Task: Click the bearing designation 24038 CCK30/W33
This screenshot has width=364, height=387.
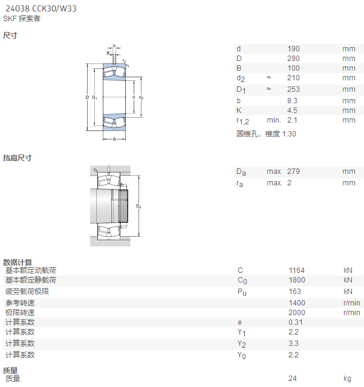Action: coord(41,8)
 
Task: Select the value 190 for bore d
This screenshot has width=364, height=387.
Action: coord(293,49)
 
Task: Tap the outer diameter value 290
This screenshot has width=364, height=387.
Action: coord(293,59)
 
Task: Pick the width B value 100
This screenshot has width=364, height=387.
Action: coord(293,68)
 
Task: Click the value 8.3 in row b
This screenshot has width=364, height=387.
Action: coord(292,101)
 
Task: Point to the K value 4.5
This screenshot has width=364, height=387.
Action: coord(292,110)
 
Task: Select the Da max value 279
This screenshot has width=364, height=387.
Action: coord(293,171)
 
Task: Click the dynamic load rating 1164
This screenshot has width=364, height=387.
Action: coord(296,270)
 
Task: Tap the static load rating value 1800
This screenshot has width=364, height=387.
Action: coord(297,280)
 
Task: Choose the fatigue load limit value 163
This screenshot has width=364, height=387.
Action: coord(295,292)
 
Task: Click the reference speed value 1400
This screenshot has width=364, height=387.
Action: coord(297,303)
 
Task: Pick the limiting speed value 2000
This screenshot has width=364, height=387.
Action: coord(297,313)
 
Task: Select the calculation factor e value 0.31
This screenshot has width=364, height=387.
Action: coord(295,322)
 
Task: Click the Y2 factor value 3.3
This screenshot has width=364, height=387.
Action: coord(293,344)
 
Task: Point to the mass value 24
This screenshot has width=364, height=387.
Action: coord(292,379)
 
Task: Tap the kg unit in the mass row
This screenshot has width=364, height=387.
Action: coord(347,379)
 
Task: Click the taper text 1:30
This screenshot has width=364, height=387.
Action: coord(289,134)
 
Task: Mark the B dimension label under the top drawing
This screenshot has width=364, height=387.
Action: coord(114,139)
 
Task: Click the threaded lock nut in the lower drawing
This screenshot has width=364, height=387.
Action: coord(123,206)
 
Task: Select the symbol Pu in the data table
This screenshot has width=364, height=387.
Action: coord(242,292)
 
